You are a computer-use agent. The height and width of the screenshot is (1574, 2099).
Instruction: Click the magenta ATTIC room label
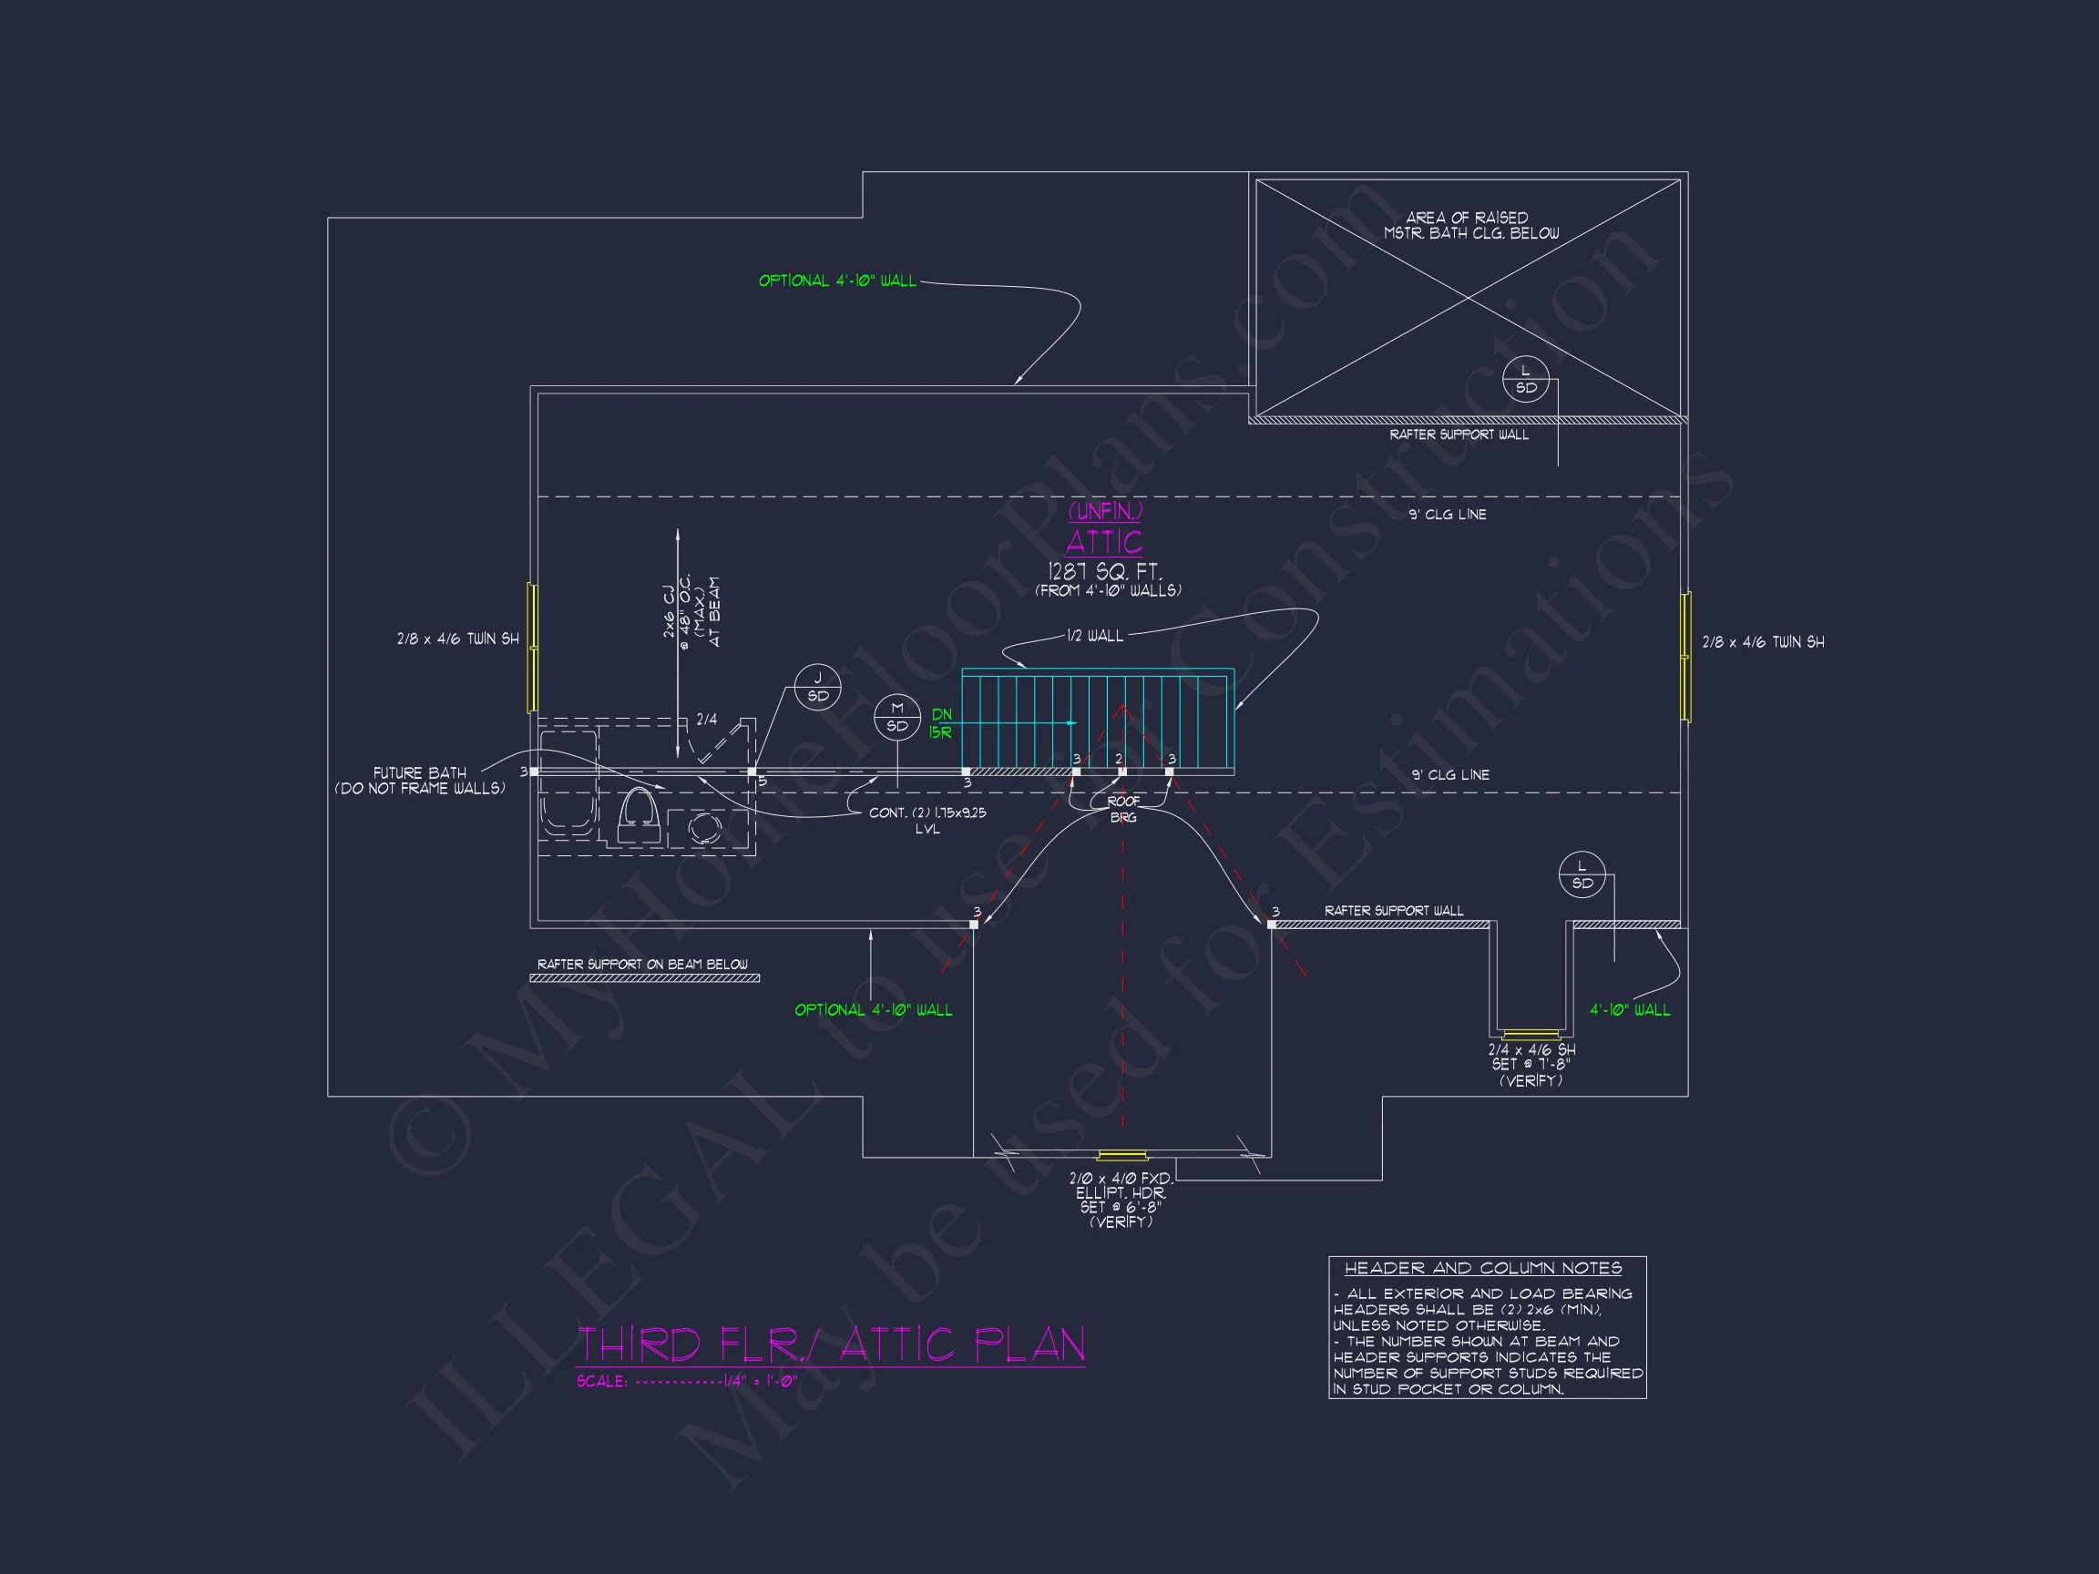(1103, 542)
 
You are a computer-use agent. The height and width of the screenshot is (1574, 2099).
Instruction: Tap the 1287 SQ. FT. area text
(1103, 571)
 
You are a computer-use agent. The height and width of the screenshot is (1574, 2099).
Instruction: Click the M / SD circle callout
(896, 718)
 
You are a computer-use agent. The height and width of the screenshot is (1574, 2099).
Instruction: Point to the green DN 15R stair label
(940, 724)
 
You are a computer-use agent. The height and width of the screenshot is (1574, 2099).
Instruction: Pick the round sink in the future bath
(703, 827)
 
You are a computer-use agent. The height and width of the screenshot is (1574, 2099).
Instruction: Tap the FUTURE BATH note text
(419, 780)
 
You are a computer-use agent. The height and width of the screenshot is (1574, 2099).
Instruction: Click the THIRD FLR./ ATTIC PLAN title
(830, 1344)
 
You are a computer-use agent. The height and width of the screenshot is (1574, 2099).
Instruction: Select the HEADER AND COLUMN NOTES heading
(1483, 1269)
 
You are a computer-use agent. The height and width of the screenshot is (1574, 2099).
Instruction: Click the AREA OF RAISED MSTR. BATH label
(1469, 225)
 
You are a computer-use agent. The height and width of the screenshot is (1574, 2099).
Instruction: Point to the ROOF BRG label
(1122, 809)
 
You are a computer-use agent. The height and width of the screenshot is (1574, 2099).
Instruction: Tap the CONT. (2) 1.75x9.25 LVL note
(927, 821)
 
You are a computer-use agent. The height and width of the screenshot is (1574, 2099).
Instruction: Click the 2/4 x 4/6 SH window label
(1531, 1065)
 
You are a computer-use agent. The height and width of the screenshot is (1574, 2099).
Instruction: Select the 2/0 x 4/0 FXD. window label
(1121, 1200)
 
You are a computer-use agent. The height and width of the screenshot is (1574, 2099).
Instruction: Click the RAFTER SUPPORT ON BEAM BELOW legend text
(642, 964)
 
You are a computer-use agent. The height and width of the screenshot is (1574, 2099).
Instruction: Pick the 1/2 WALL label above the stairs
(1094, 636)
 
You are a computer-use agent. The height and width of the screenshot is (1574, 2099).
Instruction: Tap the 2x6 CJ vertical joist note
(691, 612)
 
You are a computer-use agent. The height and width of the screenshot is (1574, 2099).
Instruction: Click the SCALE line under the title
(686, 1382)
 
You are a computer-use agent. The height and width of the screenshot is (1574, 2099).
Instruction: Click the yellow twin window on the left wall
(532, 648)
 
